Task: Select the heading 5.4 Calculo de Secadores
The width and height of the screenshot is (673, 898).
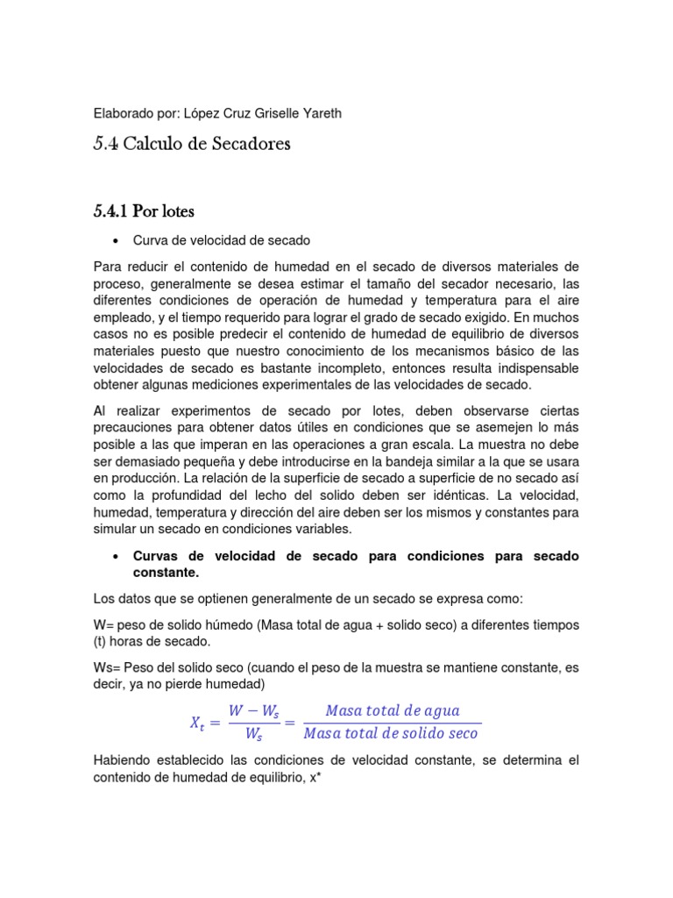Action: [x=191, y=145]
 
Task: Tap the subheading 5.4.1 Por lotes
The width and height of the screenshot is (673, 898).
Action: [x=144, y=210]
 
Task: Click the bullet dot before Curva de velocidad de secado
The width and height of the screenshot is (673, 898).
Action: [x=116, y=240]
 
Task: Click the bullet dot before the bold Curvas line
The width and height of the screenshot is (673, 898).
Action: [x=116, y=557]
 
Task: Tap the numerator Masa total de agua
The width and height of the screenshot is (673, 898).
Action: [x=392, y=710]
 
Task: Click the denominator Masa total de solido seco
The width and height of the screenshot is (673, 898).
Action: [x=392, y=733]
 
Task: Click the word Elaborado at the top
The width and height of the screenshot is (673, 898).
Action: [x=124, y=112]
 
